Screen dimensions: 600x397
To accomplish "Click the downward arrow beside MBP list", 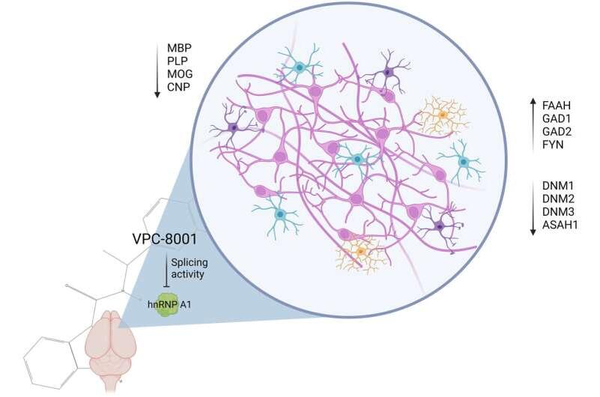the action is pos(157,69).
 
